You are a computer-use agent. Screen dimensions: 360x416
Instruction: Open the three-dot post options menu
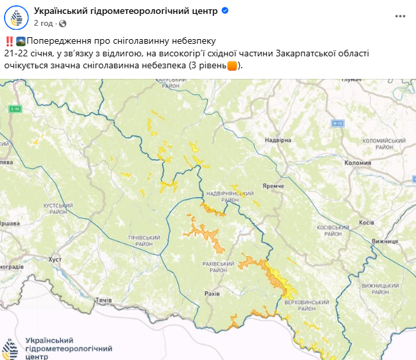(399, 15)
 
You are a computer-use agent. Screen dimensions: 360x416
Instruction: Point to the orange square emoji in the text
(232, 66)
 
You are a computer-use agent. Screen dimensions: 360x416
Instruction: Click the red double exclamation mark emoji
(7, 42)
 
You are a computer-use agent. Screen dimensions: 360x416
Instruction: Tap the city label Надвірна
(278, 141)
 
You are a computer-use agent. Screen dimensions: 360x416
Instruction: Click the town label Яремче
(273, 187)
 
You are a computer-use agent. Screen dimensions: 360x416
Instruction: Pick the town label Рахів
(212, 292)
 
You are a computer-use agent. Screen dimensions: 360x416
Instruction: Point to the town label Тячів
(104, 300)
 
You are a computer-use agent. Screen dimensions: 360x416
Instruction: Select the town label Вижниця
(384, 243)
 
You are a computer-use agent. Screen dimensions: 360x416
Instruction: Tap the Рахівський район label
(218, 267)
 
